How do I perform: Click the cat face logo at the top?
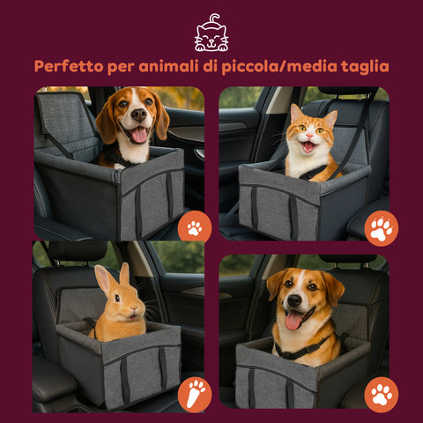(211, 33)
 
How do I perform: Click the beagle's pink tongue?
(139, 135)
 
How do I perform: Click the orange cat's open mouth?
(308, 147)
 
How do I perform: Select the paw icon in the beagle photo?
(194, 228)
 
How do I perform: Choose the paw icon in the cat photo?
(381, 228)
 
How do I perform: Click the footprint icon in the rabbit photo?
(194, 394)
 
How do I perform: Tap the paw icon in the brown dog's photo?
(381, 394)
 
